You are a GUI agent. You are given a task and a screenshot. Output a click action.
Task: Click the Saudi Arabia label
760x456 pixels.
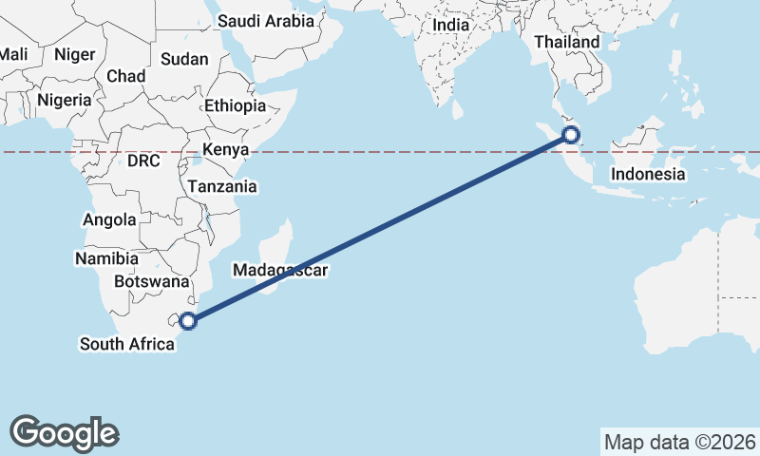tap(266, 21)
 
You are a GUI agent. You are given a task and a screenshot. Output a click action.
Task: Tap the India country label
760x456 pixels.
tap(451, 26)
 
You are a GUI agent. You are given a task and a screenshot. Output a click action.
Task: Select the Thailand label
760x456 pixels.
tap(567, 42)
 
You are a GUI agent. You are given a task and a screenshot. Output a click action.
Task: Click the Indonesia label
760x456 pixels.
tap(648, 174)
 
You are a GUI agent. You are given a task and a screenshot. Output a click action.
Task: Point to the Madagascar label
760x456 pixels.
tap(280, 271)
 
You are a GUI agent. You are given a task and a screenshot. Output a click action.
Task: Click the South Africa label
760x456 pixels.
tap(127, 344)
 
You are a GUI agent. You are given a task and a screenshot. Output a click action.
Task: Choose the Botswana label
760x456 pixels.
tap(151, 282)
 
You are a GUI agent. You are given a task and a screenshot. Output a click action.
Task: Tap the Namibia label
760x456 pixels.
tap(106, 258)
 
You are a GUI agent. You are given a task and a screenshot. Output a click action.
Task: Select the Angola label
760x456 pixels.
tap(109, 219)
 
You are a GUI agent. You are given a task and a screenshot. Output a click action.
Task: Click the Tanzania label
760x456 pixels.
tap(221, 187)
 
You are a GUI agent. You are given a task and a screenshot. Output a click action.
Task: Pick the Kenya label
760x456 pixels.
tap(225, 150)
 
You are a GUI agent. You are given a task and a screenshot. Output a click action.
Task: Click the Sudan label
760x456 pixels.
tap(184, 59)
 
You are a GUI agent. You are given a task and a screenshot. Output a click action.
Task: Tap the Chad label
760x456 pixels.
tap(126, 76)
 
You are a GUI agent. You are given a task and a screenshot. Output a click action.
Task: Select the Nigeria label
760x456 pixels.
tap(65, 100)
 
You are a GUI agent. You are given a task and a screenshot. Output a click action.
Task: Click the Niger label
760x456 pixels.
tap(75, 54)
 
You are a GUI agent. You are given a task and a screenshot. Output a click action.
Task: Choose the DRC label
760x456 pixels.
tap(143, 161)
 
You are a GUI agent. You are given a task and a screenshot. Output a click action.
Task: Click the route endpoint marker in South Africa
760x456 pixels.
tap(189, 321)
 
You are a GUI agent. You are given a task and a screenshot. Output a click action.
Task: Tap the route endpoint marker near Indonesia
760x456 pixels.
tap(571, 134)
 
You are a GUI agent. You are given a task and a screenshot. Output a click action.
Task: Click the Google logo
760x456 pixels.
tap(65, 432)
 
